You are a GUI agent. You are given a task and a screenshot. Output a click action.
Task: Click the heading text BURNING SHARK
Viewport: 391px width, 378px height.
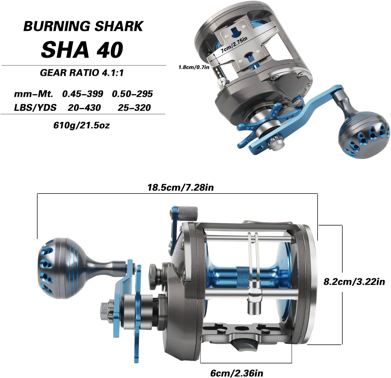[x=83, y=26]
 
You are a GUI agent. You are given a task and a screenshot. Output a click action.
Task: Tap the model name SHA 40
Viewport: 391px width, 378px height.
[x=82, y=50]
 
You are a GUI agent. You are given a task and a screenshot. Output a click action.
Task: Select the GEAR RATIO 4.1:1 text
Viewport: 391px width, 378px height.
[x=82, y=73]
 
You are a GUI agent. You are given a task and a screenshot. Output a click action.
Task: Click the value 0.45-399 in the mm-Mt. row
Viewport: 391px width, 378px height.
[x=82, y=94]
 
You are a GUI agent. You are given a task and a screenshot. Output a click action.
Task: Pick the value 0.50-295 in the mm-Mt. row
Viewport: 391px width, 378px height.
[x=132, y=94]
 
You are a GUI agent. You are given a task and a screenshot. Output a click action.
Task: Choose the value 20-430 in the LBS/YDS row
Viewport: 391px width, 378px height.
[x=84, y=108]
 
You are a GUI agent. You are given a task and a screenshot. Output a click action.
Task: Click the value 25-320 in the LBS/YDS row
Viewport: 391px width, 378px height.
[x=134, y=108]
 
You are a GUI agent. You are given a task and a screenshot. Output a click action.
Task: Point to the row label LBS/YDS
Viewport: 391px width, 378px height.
[x=35, y=108]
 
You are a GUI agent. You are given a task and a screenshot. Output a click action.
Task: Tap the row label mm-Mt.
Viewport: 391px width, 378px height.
[x=34, y=94]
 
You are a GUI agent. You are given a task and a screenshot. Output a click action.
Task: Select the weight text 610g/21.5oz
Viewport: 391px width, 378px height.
[x=81, y=125]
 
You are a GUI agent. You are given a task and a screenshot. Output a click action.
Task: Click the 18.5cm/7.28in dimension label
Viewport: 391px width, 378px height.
[x=181, y=188]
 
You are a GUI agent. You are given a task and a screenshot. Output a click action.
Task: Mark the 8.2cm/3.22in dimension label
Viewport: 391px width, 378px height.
[x=354, y=282]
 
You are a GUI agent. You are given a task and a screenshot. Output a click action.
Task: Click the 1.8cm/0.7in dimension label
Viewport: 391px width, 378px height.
[x=194, y=67]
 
